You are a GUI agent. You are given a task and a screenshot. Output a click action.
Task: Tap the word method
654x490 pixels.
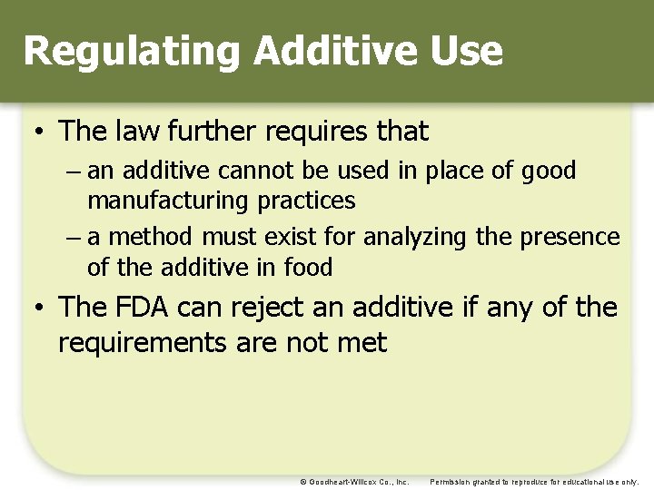tap(151, 238)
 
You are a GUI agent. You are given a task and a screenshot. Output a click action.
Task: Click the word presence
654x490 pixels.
tap(570, 238)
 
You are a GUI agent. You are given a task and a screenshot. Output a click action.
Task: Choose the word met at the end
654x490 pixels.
tap(366, 343)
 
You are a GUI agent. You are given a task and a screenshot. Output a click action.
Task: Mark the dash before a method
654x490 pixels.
tap(73, 239)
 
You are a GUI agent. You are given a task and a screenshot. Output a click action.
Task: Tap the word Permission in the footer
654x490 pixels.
tap(451, 482)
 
